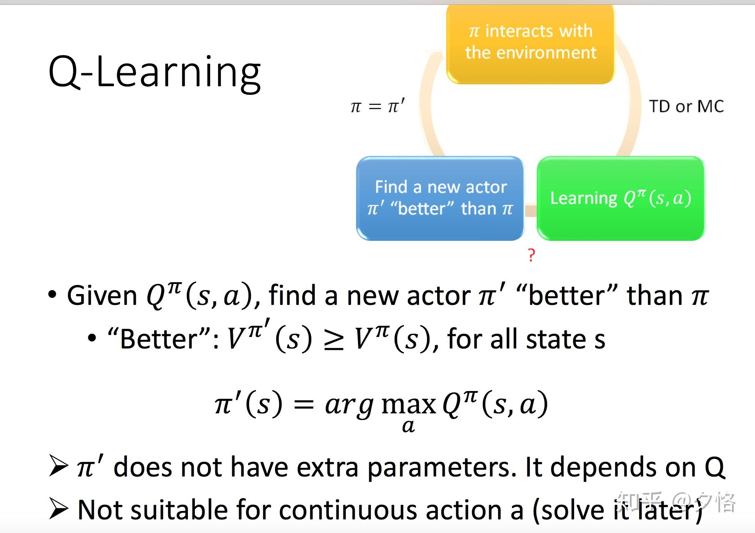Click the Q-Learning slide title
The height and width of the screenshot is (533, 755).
pos(154,73)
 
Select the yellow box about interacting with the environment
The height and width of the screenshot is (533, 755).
pos(531,44)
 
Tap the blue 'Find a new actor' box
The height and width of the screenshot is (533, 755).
pos(440,198)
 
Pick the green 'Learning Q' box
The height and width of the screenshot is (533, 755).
pos(621,198)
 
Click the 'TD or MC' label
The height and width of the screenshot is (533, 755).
pos(686,106)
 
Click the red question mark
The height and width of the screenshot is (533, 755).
pos(531,255)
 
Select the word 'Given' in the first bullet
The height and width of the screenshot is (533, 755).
pos(102,296)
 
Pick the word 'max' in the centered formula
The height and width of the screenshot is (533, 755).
pos(409,405)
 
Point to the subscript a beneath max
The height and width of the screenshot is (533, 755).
pos(409,426)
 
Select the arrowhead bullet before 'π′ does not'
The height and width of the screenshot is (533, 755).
pos(58,466)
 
